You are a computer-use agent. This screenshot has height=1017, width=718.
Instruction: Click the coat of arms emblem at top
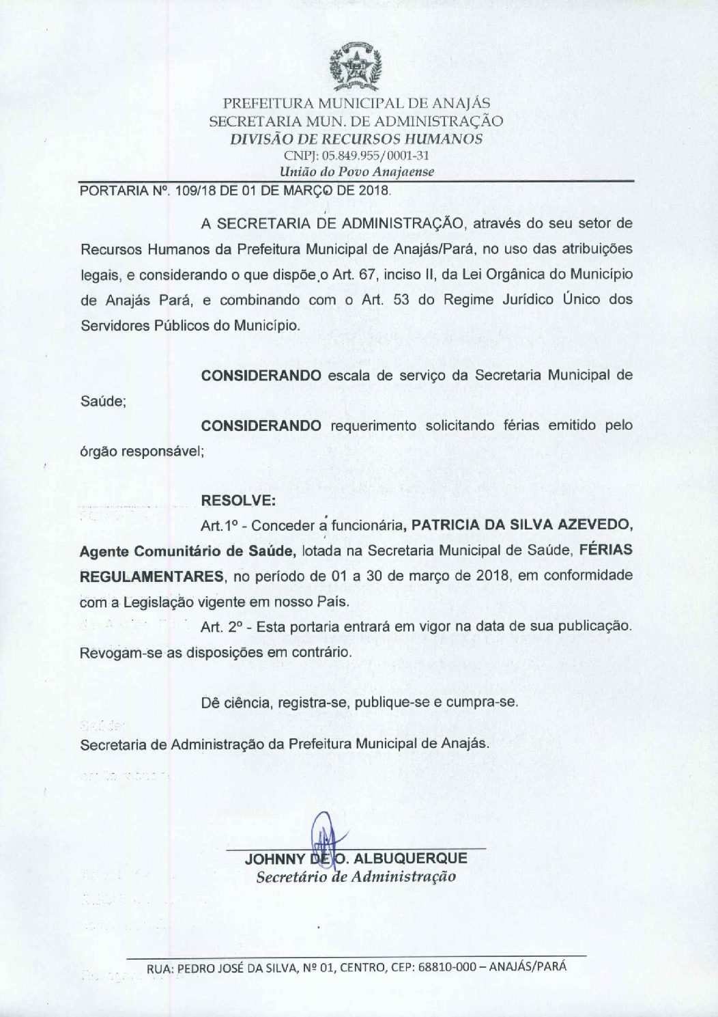tap(355, 68)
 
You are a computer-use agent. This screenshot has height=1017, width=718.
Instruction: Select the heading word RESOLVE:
tap(238, 501)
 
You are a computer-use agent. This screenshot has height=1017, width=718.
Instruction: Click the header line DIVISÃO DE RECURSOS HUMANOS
tap(356, 139)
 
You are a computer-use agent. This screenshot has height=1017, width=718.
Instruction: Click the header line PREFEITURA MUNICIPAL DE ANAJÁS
tap(356, 104)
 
